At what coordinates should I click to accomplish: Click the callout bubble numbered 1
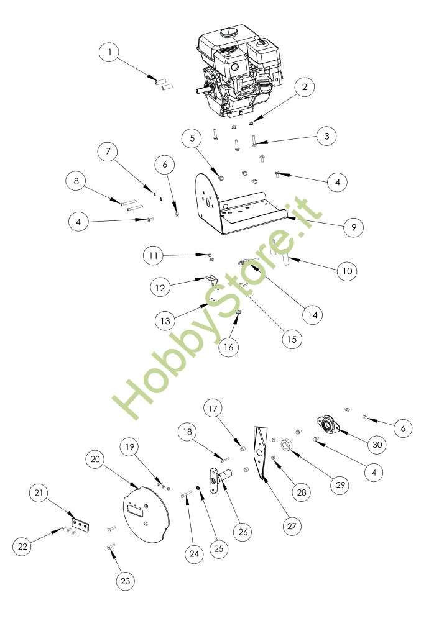tap(110, 53)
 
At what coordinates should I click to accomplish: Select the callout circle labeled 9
tap(354, 227)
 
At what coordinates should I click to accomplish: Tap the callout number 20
tap(96, 460)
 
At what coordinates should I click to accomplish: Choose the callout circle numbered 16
tap(229, 347)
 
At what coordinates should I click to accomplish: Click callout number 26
tap(242, 532)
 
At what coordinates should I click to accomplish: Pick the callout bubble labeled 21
tap(39, 494)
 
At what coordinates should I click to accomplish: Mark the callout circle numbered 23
tap(126, 581)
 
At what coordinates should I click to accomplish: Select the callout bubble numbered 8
tap(76, 182)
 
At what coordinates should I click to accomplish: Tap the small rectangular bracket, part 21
tap(81, 526)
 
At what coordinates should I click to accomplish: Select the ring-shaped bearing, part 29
tap(287, 445)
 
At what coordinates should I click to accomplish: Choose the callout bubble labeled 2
tap(305, 88)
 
